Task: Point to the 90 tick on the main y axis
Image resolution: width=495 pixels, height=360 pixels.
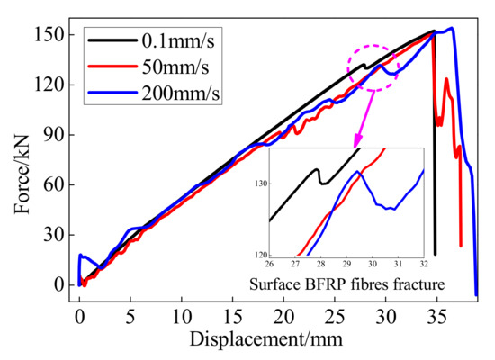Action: (x=56, y=134)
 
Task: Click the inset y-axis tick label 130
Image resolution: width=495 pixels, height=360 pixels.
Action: (x=260, y=184)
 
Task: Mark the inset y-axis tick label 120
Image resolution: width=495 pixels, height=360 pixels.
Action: (x=260, y=255)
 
